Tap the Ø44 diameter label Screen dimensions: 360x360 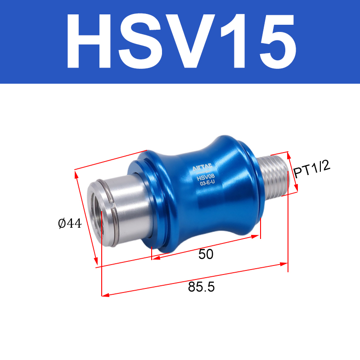point(70,223)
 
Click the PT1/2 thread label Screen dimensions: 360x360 point(312,170)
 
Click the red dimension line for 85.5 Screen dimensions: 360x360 point(194,279)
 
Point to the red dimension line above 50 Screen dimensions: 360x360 point(206,247)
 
